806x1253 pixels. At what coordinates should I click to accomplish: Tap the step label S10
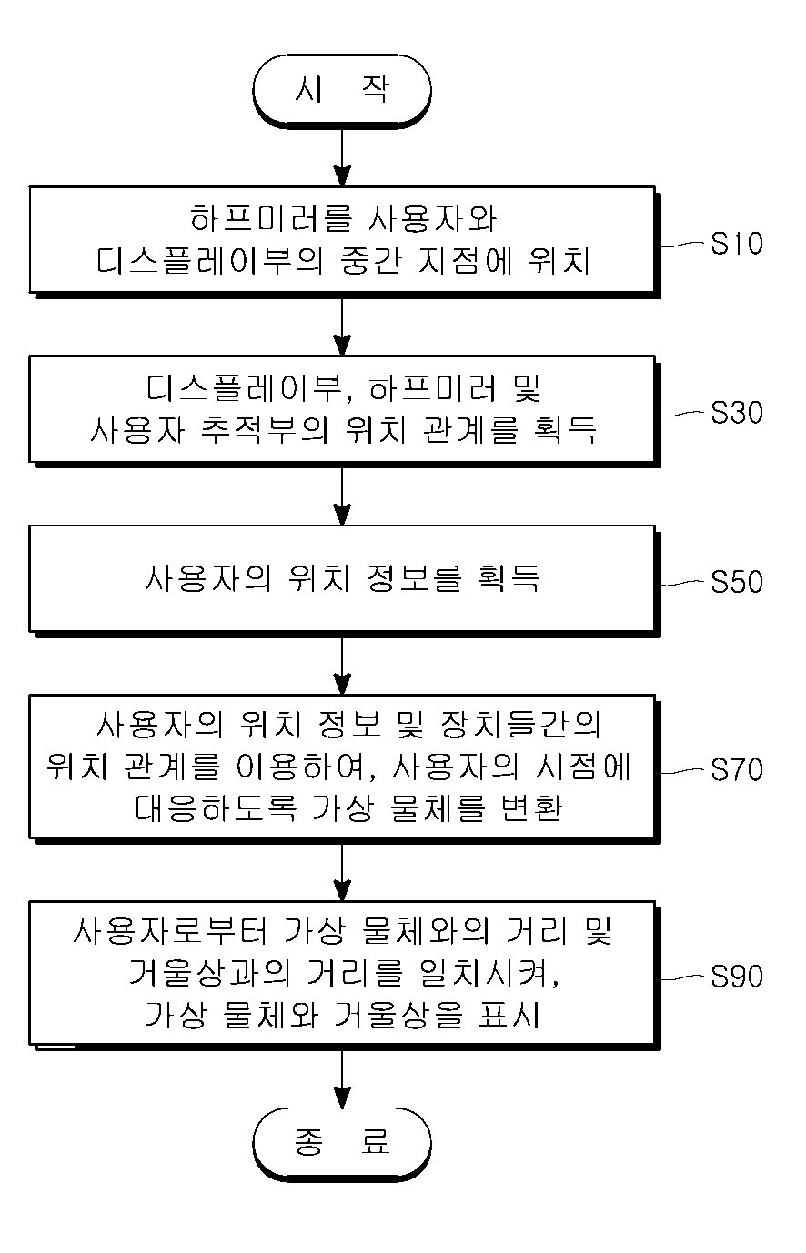click(x=737, y=244)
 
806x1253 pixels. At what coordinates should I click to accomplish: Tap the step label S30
click(x=737, y=413)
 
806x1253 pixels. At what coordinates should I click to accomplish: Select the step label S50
click(x=737, y=582)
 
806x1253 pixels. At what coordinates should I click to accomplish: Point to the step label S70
click(x=737, y=770)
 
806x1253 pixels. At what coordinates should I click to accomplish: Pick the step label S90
click(x=737, y=977)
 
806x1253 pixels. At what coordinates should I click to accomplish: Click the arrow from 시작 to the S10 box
click(x=342, y=157)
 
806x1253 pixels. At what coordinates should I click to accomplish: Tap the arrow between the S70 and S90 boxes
click(x=342, y=870)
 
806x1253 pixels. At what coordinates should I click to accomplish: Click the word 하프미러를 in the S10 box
click(x=271, y=219)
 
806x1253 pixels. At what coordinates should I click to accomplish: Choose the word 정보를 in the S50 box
click(x=415, y=578)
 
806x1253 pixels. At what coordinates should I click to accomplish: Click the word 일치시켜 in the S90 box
click(x=489, y=974)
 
